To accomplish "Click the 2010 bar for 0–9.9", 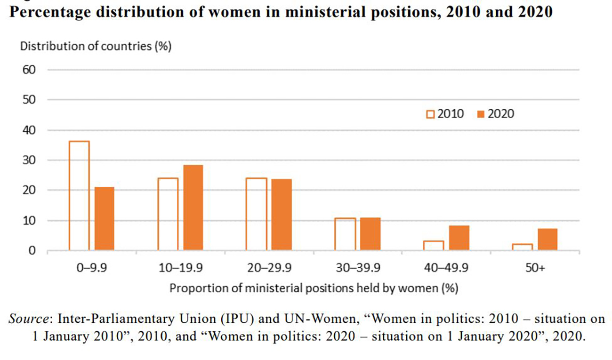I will [x=79, y=195].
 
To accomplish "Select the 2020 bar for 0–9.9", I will [x=104, y=218].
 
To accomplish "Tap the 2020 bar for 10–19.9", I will [x=193, y=207].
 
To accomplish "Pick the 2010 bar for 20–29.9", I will [x=257, y=214].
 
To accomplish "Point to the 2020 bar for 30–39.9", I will [x=370, y=233].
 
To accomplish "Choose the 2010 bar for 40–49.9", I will [x=433, y=245].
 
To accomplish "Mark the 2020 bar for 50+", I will [x=548, y=239].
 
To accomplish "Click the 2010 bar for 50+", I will [x=522, y=247].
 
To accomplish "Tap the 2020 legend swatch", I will [x=480, y=114].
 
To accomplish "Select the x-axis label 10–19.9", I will [x=180, y=268].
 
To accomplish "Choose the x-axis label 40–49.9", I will [x=446, y=268].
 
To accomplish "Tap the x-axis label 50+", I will [x=535, y=268].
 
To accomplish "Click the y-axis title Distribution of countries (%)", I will [x=95, y=47].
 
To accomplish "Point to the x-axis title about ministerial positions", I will [x=314, y=288].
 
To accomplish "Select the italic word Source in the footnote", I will [x=30, y=319].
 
